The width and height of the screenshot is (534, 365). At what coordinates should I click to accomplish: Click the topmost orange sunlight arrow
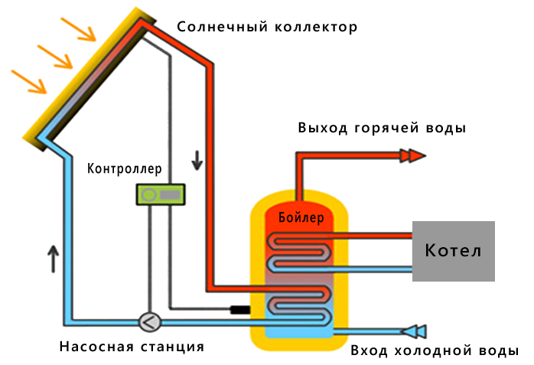click(79, 28)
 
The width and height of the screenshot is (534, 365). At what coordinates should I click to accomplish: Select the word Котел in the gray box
click(453, 250)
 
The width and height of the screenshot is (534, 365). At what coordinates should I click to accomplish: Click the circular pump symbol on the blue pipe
click(148, 322)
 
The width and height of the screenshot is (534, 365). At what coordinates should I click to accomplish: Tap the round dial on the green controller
click(149, 195)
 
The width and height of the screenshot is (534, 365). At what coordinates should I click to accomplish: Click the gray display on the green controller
click(170, 195)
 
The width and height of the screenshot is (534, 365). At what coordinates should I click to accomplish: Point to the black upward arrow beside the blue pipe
click(53, 258)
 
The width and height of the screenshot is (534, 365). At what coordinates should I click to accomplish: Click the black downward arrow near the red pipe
click(197, 159)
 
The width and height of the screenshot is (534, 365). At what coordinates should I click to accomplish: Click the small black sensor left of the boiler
click(240, 310)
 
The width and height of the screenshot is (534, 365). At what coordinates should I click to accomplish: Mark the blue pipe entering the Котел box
click(383, 269)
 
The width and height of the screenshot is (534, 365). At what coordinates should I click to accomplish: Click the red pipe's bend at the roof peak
click(142, 24)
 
